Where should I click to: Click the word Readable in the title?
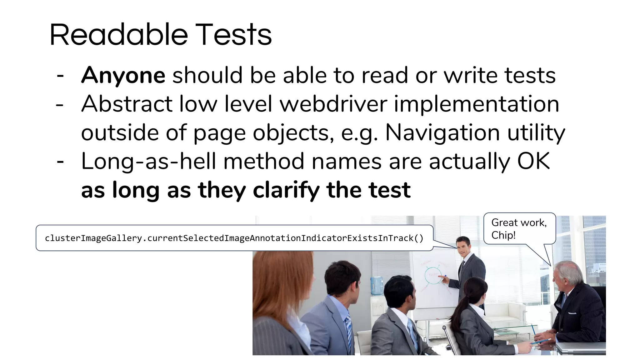click(119, 35)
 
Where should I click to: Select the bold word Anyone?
click(123, 76)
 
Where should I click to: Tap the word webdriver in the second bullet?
click(333, 104)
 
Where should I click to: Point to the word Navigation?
click(442, 133)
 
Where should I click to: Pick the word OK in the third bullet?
click(533, 162)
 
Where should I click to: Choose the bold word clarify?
click(286, 190)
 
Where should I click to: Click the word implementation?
click(476, 104)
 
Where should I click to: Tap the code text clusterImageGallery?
click(93, 238)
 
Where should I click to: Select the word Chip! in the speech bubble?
click(503, 235)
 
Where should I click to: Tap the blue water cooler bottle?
click(377, 285)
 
